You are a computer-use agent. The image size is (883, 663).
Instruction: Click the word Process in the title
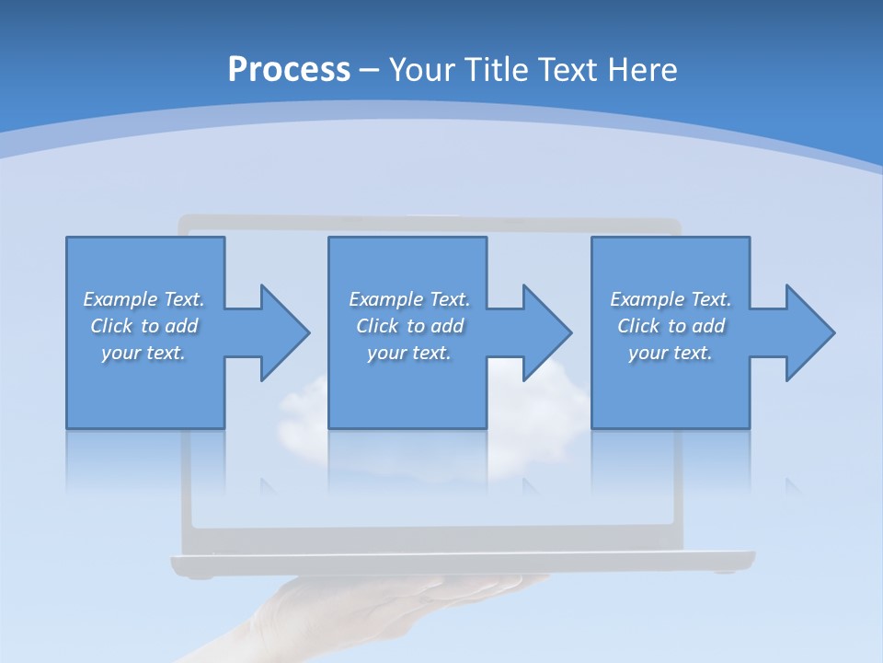[x=289, y=70]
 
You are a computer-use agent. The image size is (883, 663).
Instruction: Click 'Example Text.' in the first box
[x=143, y=299]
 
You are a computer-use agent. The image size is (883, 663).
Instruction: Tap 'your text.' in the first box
[x=143, y=353]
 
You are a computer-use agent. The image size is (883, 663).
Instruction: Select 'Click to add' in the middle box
[x=409, y=326]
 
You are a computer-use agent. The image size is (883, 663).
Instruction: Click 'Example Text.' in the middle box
[x=409, y=299]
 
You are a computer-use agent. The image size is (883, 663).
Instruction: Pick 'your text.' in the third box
[x=671, y=353]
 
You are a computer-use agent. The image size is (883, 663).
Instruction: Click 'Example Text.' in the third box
[x=671, y=299]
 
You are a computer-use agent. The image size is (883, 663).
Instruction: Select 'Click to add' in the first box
[x=143, y=326]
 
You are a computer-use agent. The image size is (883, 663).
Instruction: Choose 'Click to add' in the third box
[x=671, y=326]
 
